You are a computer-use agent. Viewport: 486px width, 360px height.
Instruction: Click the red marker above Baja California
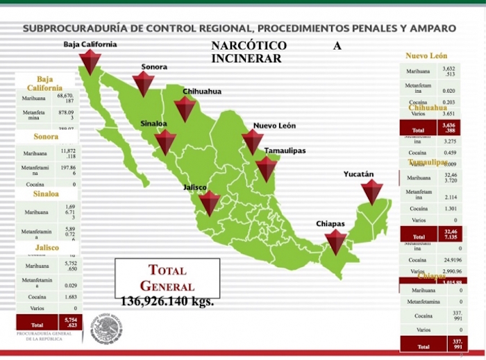(x=90, y=62)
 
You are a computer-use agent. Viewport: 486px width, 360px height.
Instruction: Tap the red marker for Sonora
(x=143, y=84)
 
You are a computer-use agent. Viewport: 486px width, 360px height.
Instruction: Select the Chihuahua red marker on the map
(x=185, y=109)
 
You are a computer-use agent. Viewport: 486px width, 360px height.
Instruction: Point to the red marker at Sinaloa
(x=165, y=142)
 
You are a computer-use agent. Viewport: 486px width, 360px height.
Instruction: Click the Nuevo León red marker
(x=253, y=142)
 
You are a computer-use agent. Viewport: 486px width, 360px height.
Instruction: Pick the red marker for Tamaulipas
(x=266, y=169)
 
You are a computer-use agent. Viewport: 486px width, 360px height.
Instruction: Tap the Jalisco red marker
(x=209, y=203)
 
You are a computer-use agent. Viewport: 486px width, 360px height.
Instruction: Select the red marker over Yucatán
(x=372, y=192)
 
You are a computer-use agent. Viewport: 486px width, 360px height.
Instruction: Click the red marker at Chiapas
(x=336, y=242)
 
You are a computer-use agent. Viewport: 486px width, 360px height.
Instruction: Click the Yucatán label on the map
(x=358, y=174)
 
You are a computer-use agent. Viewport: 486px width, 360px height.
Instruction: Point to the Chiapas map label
(x=330, y=224)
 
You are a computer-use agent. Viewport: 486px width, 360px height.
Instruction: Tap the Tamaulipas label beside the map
(x=284, y=151)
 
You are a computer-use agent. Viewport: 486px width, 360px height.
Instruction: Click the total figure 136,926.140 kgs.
(x=167, y=302)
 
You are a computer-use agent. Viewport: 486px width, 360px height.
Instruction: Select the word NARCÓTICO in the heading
(x=249, y=46)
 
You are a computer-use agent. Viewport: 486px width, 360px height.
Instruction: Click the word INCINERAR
(x=246, y=58)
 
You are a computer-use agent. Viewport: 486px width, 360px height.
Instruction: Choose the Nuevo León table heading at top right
(x=426, y=55)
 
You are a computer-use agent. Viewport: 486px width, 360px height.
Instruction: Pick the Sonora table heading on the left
(x=46, y=137)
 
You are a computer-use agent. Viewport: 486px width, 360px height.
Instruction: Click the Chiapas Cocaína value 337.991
(x=457, y=316)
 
